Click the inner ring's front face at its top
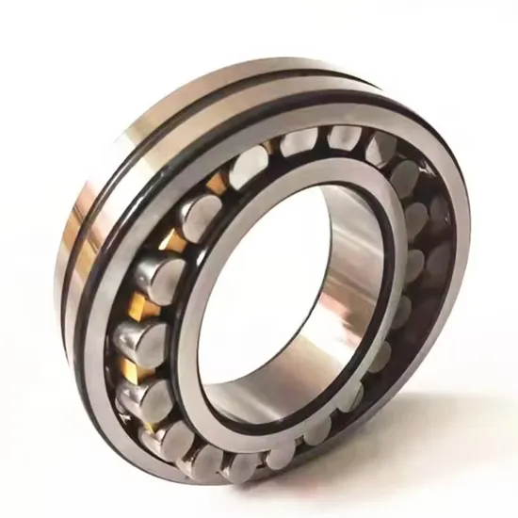click(311, 174)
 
